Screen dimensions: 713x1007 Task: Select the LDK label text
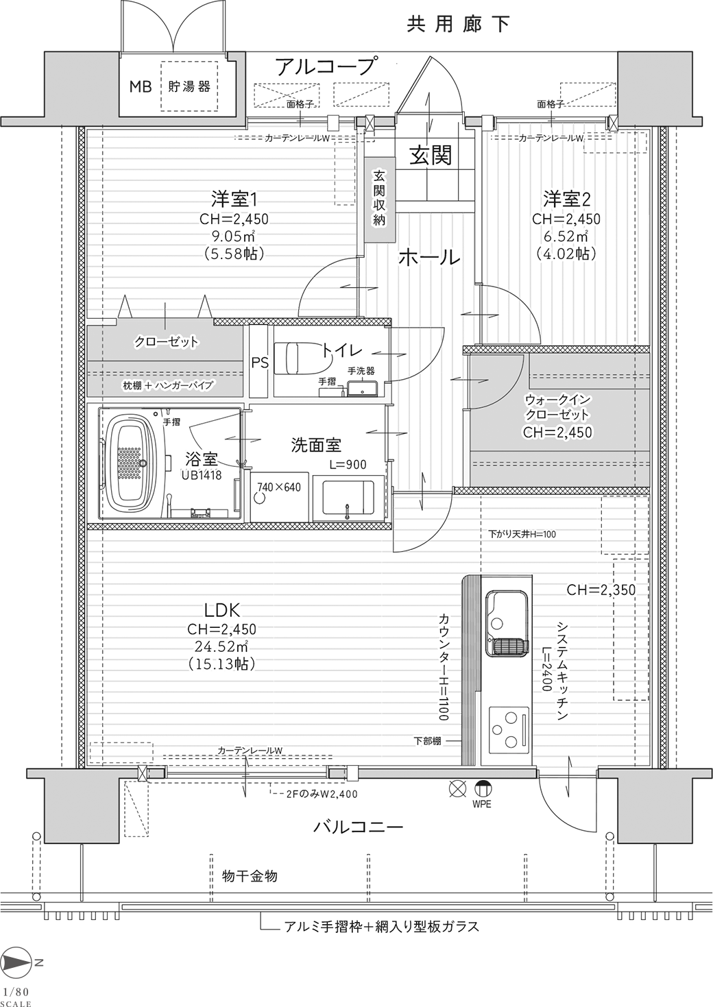click(222, 610)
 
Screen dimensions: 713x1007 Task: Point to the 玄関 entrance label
click(431, 156)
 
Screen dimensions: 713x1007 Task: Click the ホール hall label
click(429, 258)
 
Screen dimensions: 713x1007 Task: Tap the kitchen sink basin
click(507, 624)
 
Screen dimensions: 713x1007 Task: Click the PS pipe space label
click(260, 363)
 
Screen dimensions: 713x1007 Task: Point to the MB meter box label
click(141, 86)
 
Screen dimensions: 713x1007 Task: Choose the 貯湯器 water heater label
click(189, 86)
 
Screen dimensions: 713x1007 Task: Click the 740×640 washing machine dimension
click(279, 487)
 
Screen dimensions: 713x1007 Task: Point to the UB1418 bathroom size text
click(202, 475)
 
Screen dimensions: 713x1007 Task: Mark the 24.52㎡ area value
click(222, 646)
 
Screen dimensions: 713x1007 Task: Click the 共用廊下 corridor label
click(458, 24)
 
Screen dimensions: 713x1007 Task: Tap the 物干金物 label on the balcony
click(250, 876)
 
